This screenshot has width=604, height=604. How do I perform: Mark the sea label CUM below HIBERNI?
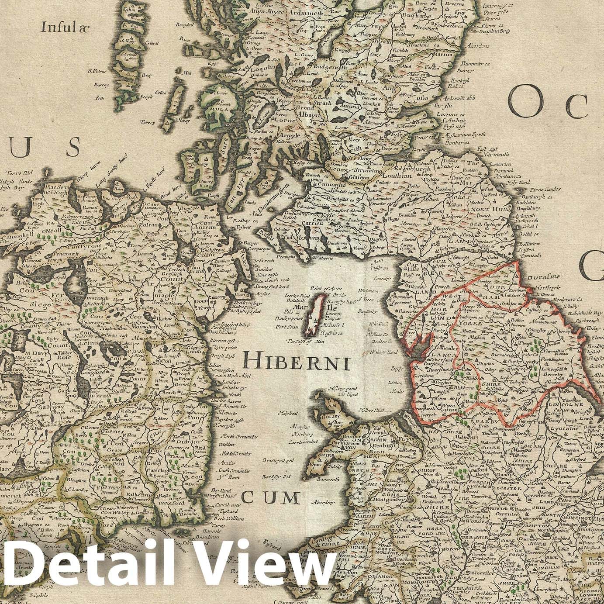coord(271,497)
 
